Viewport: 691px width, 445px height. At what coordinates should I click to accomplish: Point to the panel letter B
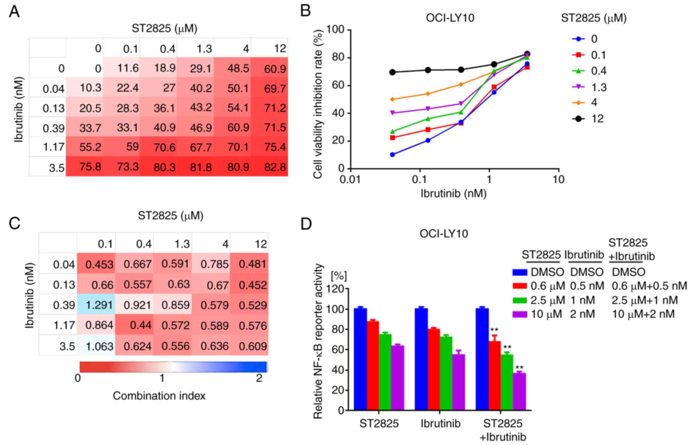click(306, 11)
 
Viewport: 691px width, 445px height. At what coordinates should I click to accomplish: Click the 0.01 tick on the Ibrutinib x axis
click(350, 179)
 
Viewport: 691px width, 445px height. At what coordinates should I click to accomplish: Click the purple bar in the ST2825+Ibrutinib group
click(519, 391)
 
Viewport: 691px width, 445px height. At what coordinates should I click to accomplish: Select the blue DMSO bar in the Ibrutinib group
click(421, 359)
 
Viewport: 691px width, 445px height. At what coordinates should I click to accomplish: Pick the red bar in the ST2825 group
click(373, 365)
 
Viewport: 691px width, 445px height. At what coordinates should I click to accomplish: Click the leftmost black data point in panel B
click(392, 72)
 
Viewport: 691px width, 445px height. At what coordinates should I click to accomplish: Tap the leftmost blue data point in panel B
click(392, 154)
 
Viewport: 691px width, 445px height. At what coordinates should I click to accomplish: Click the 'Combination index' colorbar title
click(159, 396)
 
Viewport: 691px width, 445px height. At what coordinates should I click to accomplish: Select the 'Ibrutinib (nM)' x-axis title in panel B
click(454, 193)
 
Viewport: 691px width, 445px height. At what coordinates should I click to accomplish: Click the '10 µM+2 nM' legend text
click(643, 314)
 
